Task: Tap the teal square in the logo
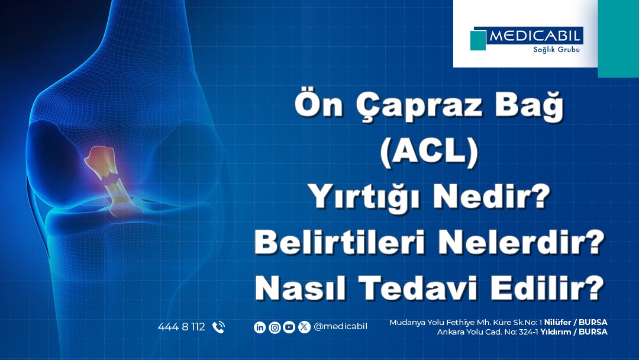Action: (478, 40)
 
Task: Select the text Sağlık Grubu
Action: (556, 49)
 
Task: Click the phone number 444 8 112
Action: (182, 327)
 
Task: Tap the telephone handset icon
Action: (218, 327)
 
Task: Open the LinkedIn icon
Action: (260, 327)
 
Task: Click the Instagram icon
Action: (275, 327)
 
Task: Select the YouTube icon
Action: (289, 327)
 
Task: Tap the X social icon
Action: (304, 327)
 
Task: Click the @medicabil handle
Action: (340, 327)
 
